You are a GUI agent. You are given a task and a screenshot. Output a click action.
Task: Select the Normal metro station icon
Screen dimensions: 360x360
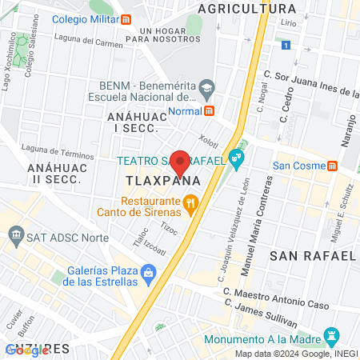pos(210,111)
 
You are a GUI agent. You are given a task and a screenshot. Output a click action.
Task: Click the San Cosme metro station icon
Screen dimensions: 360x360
pos(332,166)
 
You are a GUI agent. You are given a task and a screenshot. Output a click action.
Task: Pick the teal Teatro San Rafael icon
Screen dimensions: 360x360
pos(235,158)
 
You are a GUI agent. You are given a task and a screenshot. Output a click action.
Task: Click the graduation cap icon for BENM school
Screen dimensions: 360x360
pos(207,86)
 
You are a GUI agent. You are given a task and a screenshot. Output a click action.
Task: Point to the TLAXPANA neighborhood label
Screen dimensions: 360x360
pos(162,182)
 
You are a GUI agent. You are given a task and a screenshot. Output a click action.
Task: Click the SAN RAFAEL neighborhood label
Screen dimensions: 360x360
pos(312,256)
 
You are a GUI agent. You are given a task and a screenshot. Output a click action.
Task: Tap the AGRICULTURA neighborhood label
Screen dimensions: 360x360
pos(246,8)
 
